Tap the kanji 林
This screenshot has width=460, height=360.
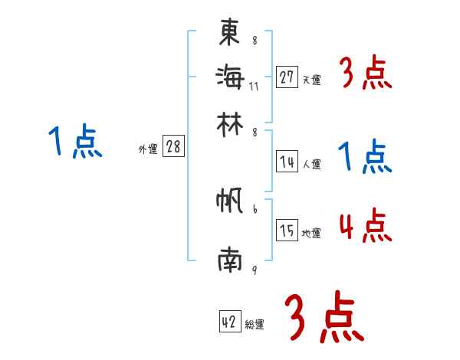(x=230, y=123)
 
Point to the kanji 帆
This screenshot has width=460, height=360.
(x=230, y=203)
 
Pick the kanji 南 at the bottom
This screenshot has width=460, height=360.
(x=230, y=260)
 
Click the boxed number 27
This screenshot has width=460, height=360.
(x=287, y=77)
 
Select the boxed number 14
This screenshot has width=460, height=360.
(x=287, y=162)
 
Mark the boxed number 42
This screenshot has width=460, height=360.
(x=229, y=322)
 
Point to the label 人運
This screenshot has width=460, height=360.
(x=311, y=164)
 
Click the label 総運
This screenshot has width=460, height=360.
(x=255, y=325)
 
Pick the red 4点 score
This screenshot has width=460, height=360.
(x=365, y=226)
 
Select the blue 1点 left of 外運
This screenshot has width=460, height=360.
(x=75, y=142)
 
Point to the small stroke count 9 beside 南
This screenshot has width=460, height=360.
(x=254, y=270)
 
